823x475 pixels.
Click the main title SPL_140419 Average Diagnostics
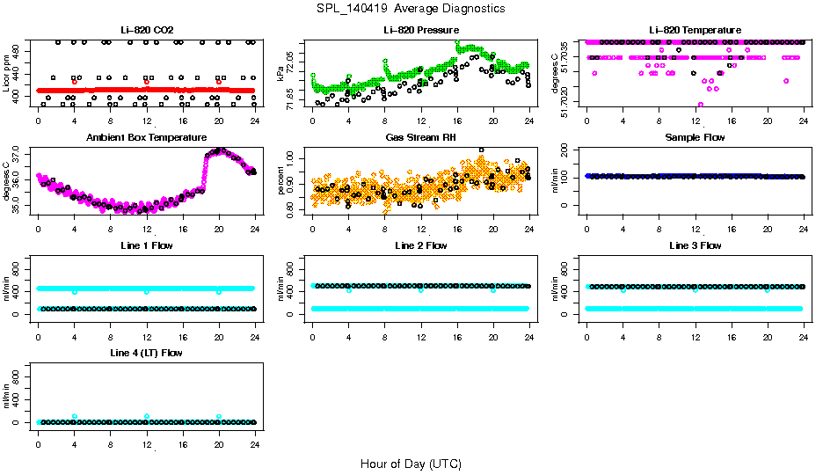coord(411,8)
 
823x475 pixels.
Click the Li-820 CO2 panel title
coord(146,31)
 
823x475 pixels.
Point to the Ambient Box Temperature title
coord(146,138)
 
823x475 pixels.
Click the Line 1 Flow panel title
coord(146,245)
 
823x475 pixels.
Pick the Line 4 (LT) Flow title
coord(146,353)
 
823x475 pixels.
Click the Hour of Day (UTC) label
coord(411,464)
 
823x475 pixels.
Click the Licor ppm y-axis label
coord(8,74)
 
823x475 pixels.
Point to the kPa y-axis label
coord(281,74)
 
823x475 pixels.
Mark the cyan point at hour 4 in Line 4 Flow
coord(75,417)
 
